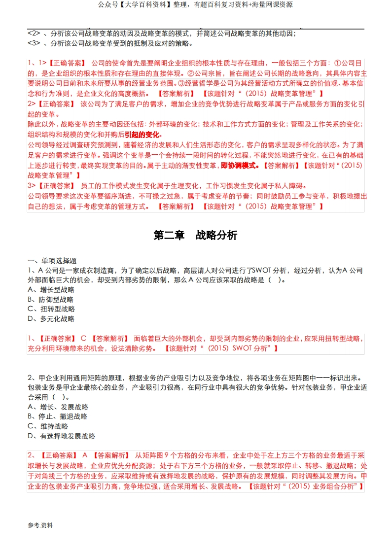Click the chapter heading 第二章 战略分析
[195, 235]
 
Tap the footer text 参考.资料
[40, 525]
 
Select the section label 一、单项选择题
[52, 260]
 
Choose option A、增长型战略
[51, 289]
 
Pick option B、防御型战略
[51, 299]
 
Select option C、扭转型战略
[51, 309]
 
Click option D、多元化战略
[51, 319]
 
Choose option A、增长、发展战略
[58, 407]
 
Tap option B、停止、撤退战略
[58, 416]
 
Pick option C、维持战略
[48, 426]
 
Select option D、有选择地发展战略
[62, 436]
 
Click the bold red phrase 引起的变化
[142, 135]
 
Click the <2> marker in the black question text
[34, 34]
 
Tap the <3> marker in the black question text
[34, 43]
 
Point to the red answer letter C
[83, 339]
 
